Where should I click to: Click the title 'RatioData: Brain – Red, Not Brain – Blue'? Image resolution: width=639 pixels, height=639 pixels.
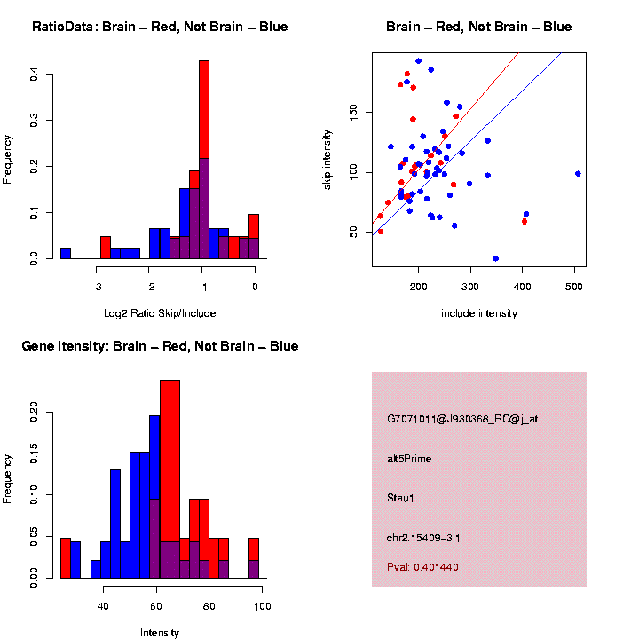tap(160, 28)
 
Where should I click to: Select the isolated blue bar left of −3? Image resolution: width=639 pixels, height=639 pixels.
tap(65, 253)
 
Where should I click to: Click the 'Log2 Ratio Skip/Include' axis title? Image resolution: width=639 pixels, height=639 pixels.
tap(160, 313)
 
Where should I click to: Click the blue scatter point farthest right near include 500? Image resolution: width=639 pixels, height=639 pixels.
tap(578, 174)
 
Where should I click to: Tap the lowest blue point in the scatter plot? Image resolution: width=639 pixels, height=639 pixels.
tap(495, 258)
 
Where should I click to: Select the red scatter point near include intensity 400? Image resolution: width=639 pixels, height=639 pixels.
tap(525, 221)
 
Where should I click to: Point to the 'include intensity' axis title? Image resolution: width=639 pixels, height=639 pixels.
tap(479, 313)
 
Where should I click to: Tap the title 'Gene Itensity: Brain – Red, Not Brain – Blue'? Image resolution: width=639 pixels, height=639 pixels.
tap(160, 346)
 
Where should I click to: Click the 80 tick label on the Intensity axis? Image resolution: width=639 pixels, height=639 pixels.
tap(209, 606)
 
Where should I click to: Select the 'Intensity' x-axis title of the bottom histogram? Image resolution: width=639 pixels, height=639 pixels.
tap(160, 633)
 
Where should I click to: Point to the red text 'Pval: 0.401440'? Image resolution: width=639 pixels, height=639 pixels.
tap(422, 567)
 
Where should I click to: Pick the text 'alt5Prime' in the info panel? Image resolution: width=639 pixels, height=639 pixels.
tap(409, 459)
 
